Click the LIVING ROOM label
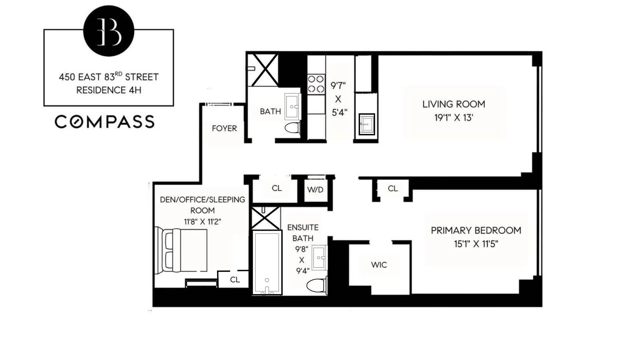(453, 104)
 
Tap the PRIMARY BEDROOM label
(476, 230)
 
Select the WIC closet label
(379, 265)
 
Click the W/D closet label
(315, 190)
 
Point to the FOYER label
(224, 128)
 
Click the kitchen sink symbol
(367, 124)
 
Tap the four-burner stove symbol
(316, 84)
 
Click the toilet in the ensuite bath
(317, 286)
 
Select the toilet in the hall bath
(293, 128)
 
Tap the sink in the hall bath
(293, 107)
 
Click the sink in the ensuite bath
(320, 258)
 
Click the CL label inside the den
(235, 280)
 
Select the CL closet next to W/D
(276, 188)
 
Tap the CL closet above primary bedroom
(392, 189)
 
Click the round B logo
(109, 31)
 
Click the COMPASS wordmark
(105, 122)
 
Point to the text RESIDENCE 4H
(109, 90)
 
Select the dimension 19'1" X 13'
(453, 118)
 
